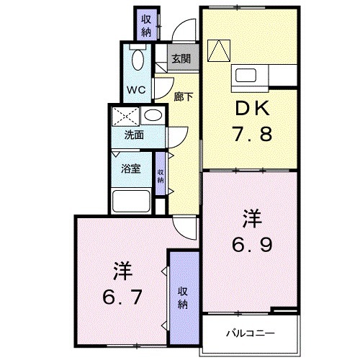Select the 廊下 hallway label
click(x=183, y=96)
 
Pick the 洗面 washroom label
click(x=134, y=135)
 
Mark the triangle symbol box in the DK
click(x=217, y=49)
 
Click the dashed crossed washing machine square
click(x=125, y=116)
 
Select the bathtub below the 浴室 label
click(x=132, y=199)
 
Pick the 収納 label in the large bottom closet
click(x=184, y=297)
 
